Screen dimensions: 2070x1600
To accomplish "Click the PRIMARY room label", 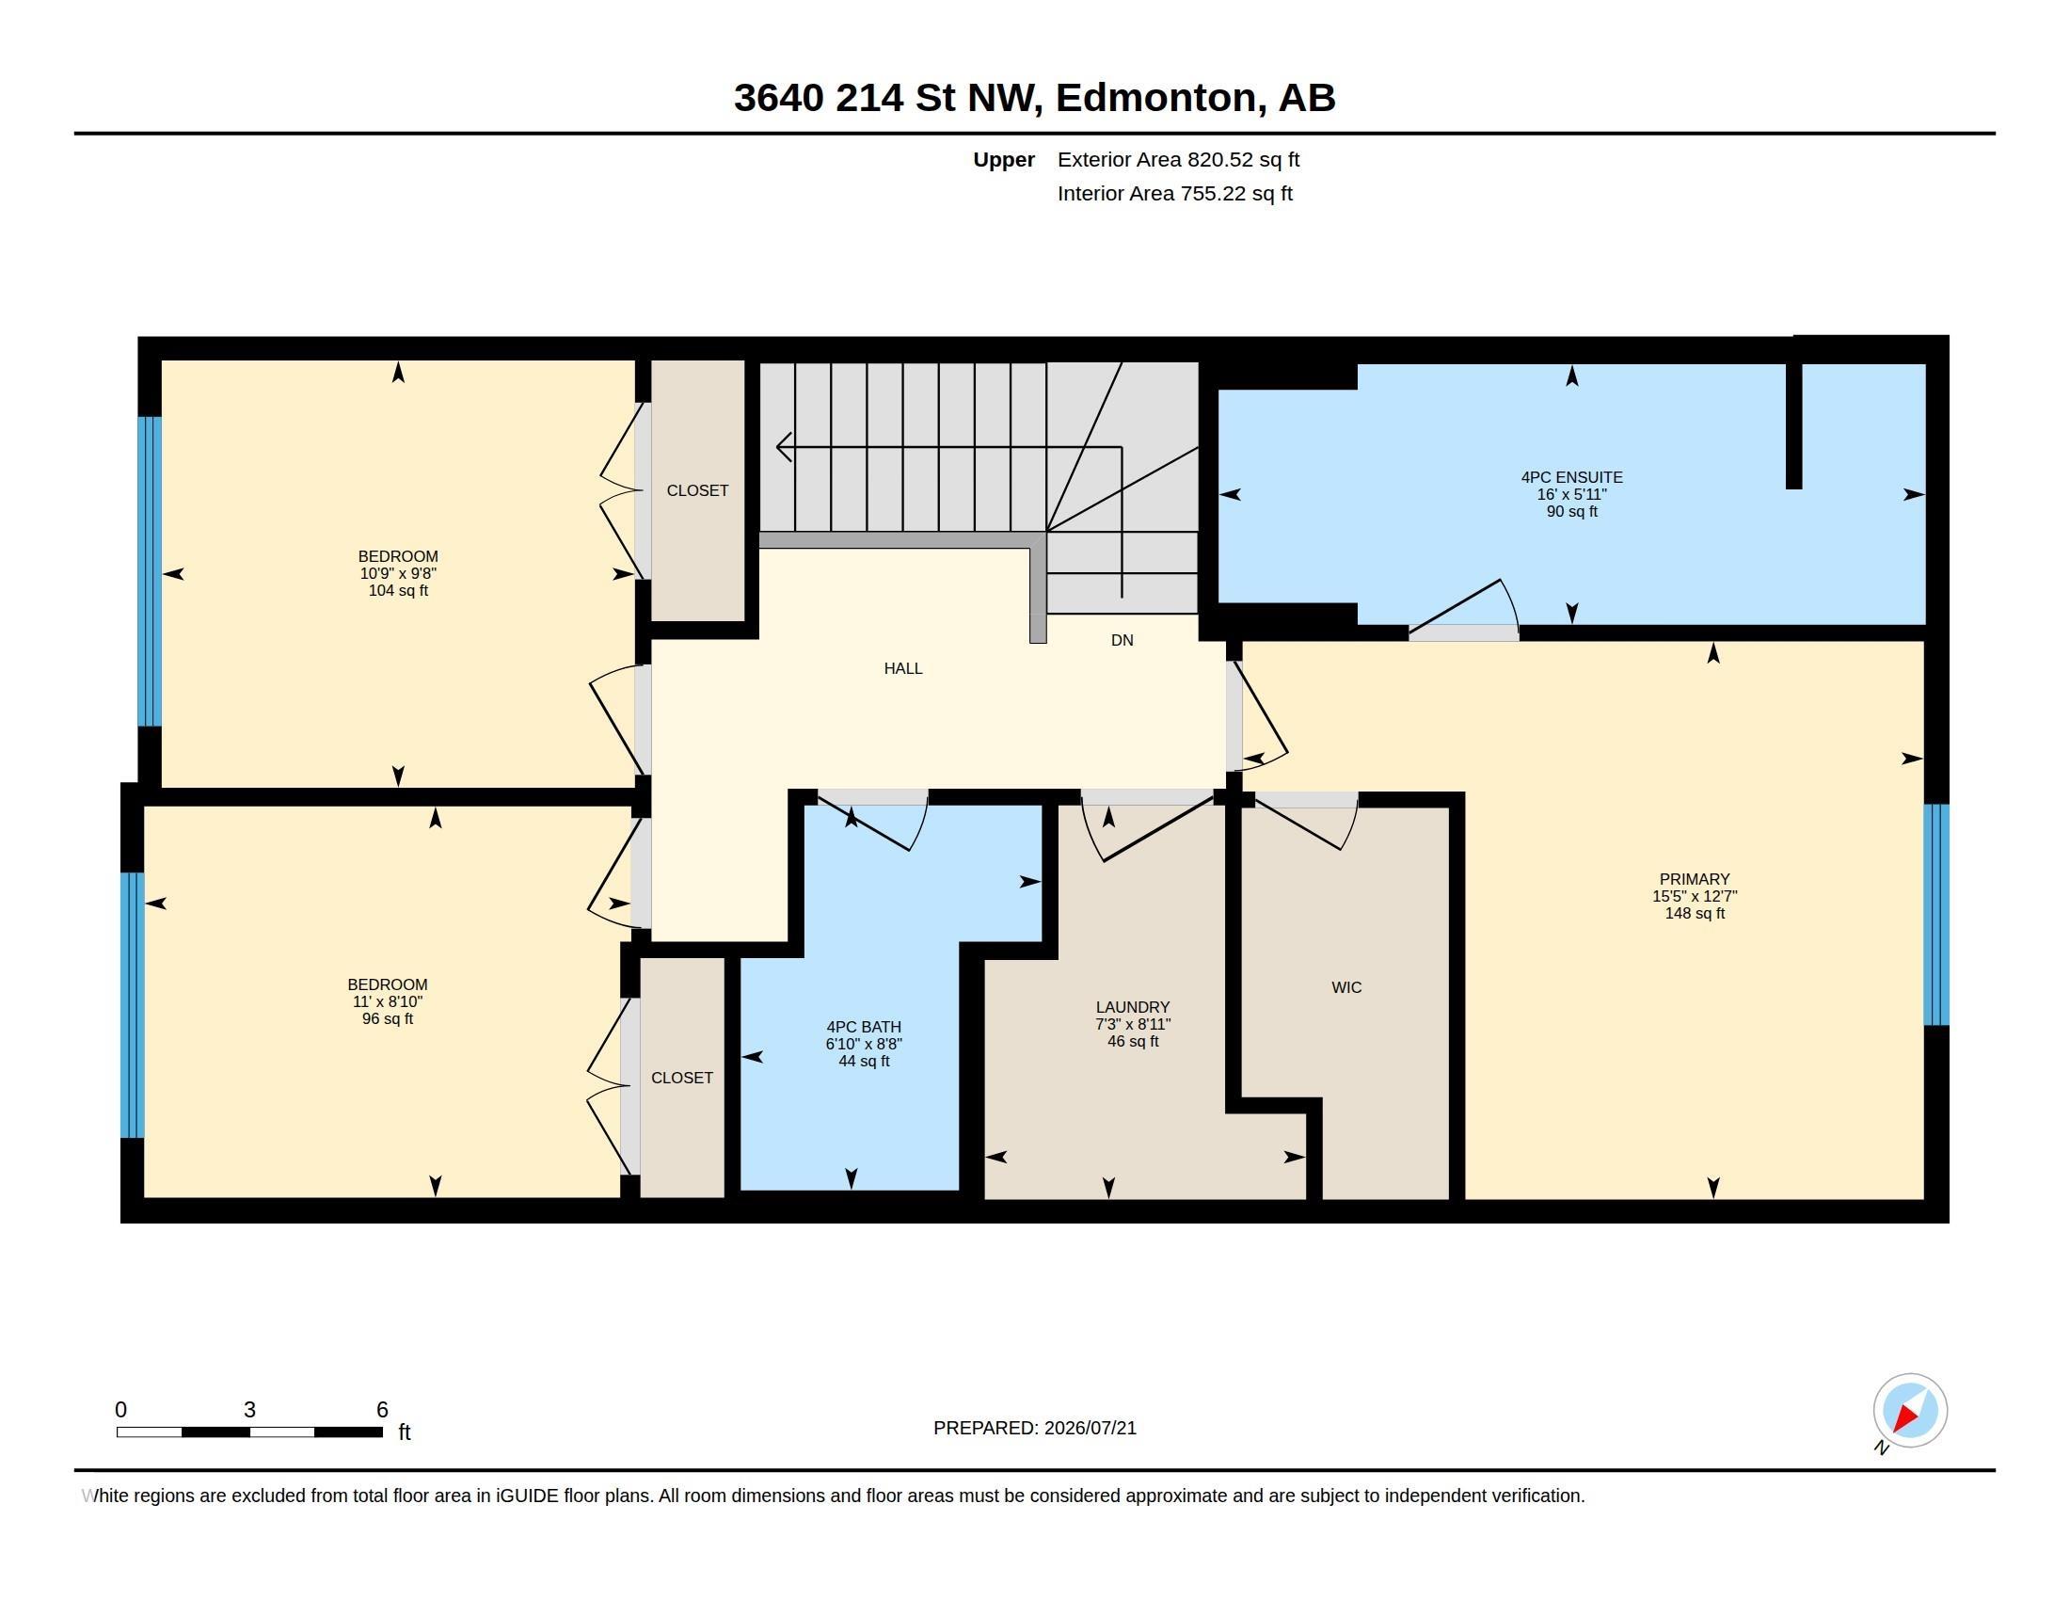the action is pos(1695,879).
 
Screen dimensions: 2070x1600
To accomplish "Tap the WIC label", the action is pos(1345,987).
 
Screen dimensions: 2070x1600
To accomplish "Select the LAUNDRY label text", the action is pos(1133,1007).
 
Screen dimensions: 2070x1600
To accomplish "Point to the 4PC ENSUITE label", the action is pos(1571,478).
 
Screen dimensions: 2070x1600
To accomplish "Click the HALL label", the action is pos(903,668).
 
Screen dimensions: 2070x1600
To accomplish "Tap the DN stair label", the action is pos(1123,641).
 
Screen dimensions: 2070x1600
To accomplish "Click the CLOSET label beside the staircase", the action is pos(697,490).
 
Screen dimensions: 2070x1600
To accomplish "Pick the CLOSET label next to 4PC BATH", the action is pos(682,1078).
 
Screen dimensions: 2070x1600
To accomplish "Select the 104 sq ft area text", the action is pos(398,590).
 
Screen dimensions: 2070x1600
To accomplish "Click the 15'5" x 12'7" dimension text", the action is pos(1695,896).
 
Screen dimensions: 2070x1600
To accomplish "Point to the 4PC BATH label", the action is pos(864,1027).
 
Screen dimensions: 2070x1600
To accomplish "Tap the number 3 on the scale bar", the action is pos(249,1410).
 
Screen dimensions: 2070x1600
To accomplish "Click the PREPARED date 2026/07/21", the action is pos(1090,1428).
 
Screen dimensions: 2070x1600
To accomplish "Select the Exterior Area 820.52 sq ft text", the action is pos(1178,159).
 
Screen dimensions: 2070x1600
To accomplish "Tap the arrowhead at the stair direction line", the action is pos(784,446).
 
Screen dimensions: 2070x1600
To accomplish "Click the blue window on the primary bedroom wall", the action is pos(1936,915).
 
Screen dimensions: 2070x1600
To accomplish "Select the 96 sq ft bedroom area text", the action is pos(388,1019).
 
